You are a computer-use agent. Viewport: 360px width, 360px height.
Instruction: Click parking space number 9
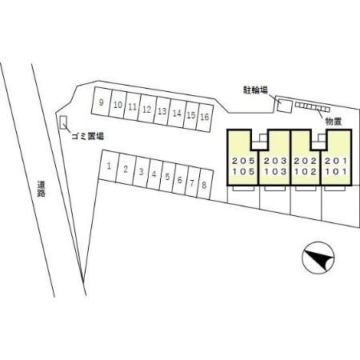102,102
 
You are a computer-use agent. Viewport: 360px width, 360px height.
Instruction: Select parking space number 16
205,117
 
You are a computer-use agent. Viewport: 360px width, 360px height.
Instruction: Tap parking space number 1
109,166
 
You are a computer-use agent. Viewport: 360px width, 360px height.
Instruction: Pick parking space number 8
205,184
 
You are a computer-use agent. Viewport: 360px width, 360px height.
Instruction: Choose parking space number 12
146,109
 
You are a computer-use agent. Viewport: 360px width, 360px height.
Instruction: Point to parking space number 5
167,177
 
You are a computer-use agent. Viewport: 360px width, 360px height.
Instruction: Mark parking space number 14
177,113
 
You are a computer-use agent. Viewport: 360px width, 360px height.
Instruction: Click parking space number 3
141,172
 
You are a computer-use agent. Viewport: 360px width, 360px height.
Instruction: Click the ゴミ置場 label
87,137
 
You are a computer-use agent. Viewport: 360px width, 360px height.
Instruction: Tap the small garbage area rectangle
63,122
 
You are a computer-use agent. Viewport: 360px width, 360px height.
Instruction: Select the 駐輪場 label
255,90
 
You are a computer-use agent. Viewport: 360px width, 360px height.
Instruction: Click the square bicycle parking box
284,105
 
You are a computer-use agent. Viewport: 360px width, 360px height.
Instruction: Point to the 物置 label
334,122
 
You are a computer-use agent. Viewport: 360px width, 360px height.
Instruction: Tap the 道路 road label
41,189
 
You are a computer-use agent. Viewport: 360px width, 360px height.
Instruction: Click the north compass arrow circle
318,258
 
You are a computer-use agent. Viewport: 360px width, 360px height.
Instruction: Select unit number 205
243,161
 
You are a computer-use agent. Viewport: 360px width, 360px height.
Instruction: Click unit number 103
275,171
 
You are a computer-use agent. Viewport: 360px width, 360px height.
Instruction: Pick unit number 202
306,161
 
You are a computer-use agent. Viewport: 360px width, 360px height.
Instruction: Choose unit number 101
336,171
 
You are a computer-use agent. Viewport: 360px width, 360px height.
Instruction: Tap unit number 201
336,161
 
